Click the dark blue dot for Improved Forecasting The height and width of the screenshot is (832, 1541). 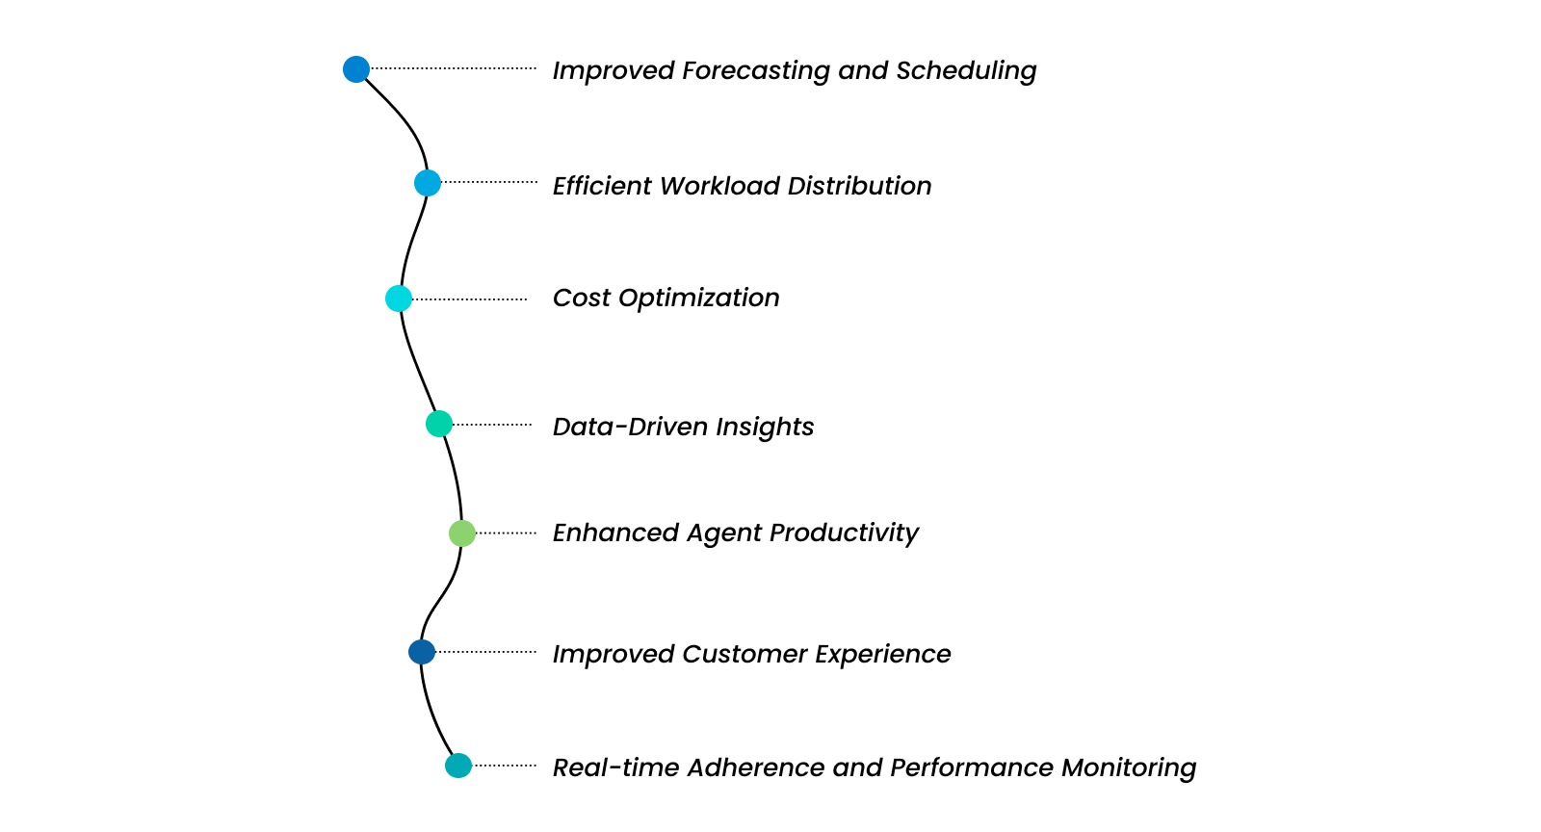pyautogui.click(x=356, y=69)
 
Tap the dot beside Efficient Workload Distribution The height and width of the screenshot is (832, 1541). pyautogui.click(x=428, y=183)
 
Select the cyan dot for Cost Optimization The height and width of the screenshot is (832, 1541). pyautogui.click(x=399, y=299)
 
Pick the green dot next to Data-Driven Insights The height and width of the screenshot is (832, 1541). pyautogui.click(x=439, y=424)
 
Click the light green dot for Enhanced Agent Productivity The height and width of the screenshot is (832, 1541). pyautogui.click(x=462, y=533)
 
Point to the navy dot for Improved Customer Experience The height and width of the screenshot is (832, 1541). pyautogui.click(x=422, y=652)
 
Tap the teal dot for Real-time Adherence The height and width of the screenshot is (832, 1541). pyautogui.click(x=458, y=766)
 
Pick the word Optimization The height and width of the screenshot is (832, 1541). pyautogui.click(x=698, y=299)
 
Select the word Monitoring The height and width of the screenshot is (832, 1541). pyautogui.click(x=1128, y=767)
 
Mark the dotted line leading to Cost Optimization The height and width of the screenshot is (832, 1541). pyautogui.click(x=470, y=299)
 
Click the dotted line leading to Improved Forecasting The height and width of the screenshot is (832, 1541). pyautogui.click(x=453, y=68)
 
